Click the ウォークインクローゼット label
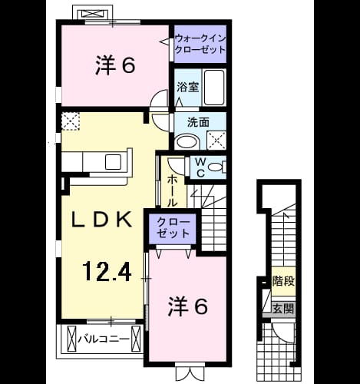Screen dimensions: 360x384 (200, 44)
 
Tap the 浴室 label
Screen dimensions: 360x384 (188, 88)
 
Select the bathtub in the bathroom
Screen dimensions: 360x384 (214, 88)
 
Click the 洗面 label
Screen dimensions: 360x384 (198, 122)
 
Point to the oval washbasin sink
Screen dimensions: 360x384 (187, 142)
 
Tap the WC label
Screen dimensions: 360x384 (201, 167)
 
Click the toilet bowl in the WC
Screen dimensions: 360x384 (216, 167)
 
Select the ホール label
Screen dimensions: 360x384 (172, 191)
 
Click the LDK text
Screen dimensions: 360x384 (101, 220)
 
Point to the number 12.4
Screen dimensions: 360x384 (107, 271)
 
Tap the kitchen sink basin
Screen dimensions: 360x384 (113, 162)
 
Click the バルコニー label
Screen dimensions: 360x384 (104, 339)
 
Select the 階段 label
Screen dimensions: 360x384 (283, 281)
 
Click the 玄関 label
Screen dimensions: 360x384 (283, 309)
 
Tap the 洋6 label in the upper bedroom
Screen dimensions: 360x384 (115, 66)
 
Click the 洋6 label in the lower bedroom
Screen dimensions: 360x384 (187, 306)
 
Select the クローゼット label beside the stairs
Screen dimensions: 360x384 (173, 227)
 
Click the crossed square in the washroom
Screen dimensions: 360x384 (216, 141)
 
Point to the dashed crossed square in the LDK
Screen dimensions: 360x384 (71, 121)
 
